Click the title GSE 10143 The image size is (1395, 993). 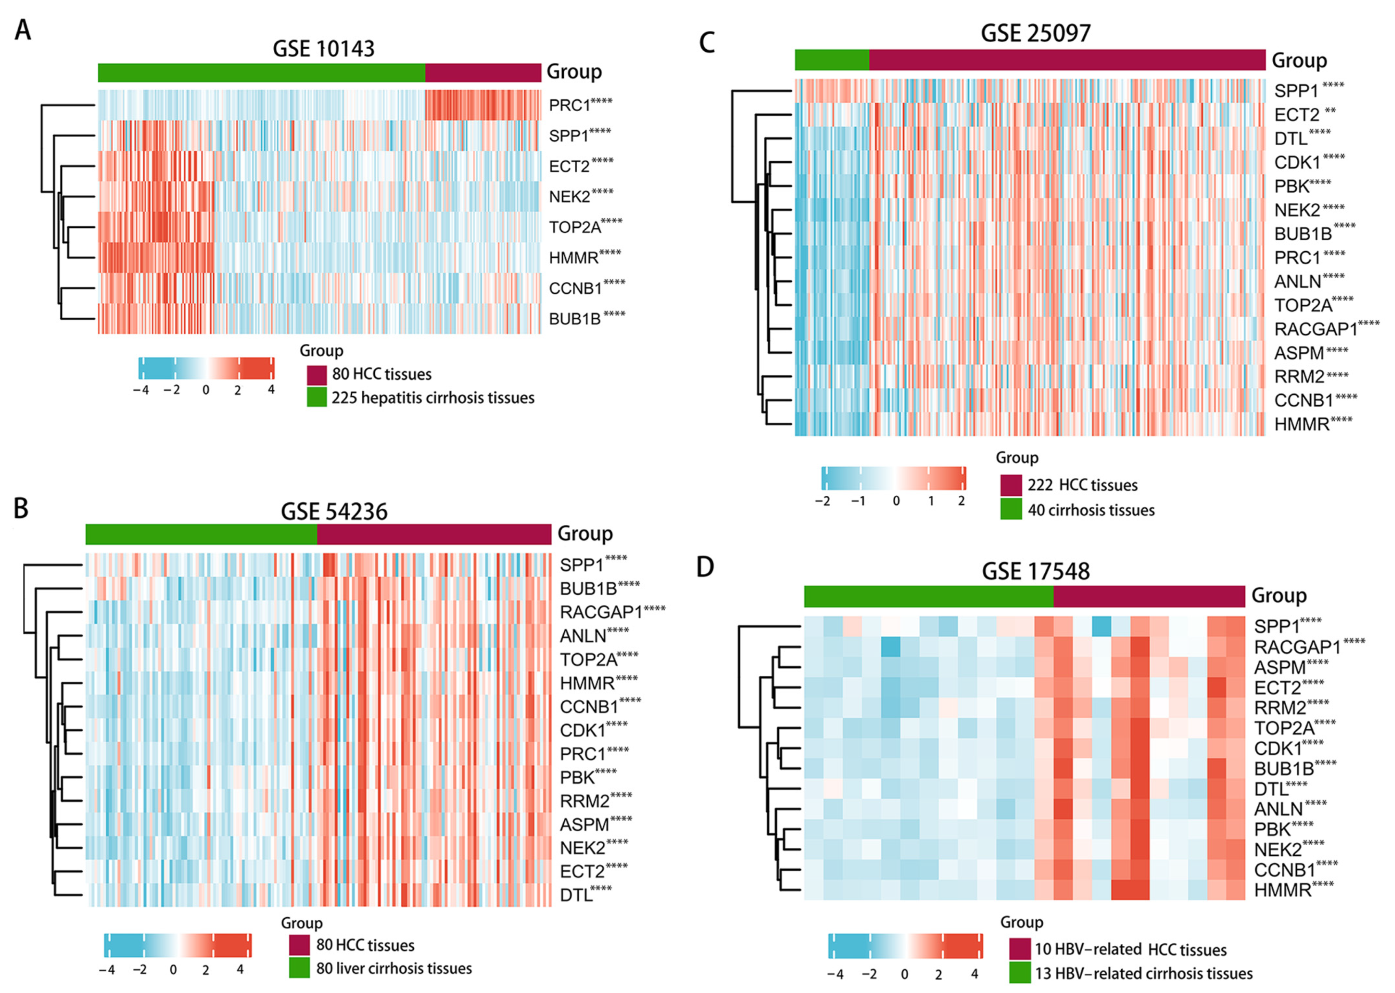click(323, 49)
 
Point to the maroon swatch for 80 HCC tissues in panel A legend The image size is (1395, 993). click(316, 374)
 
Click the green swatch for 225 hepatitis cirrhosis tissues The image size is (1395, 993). click(316, 398)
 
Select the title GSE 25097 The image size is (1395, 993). click(1035, 33)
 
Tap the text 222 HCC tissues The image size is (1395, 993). click(1082, 486)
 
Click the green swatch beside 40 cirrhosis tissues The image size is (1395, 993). click(1011, 510)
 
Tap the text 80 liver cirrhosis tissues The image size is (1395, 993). click(394, 969)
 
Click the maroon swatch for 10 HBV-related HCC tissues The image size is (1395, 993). click(1019, 949)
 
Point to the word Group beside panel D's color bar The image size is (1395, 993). click(1279, 595)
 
